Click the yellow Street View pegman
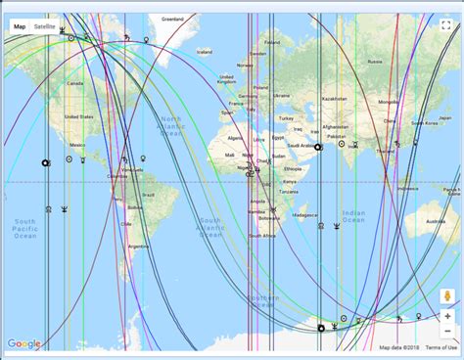coord(446,295)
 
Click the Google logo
coord(23,343)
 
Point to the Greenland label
coord(172,19)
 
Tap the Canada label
coord(74,83)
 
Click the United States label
coord(78,116)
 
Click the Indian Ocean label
coord(353,215)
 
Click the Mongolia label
coord(388,102)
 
